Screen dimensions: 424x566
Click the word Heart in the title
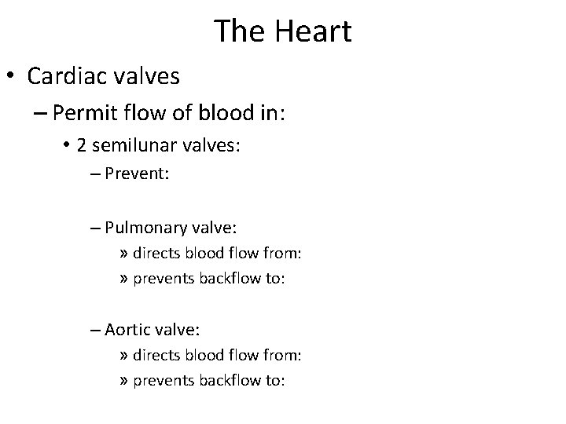313,31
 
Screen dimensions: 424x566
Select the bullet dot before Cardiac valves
13,77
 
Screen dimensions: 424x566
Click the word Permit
86,115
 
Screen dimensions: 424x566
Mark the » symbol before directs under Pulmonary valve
125,254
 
